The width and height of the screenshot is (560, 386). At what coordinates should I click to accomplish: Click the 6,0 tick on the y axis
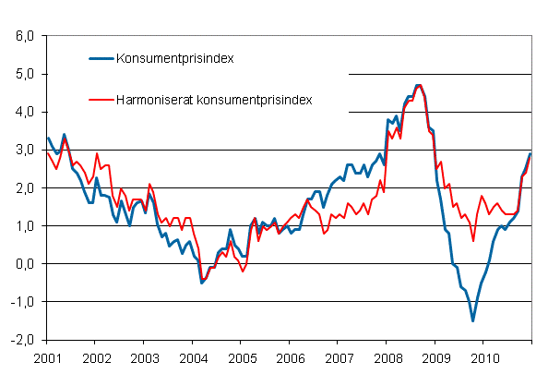click(x=24, y=36)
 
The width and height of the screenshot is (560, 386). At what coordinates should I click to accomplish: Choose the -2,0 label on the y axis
click(x=22, y=340)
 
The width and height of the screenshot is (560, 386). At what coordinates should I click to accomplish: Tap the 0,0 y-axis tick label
click(x=24, y=264)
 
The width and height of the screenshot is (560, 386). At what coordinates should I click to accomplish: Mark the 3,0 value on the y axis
click(x=24, y=150)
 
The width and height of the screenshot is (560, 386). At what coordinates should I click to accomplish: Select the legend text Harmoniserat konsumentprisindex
click(x=213, y=98)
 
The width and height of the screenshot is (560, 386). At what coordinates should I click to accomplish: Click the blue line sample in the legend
click(x=101, y=58)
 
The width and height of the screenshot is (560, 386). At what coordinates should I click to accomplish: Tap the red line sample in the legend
click(x=101, y=98)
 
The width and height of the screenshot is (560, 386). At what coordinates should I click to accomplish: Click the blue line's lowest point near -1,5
click(x=473, y=320)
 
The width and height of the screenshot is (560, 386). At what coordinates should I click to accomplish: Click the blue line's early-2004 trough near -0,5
click(x=202, y=283)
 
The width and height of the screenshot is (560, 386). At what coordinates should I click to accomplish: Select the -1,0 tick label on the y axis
click(x=22, y=302)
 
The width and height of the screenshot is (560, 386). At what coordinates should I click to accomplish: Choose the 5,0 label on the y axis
click(x=24, y=74)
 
